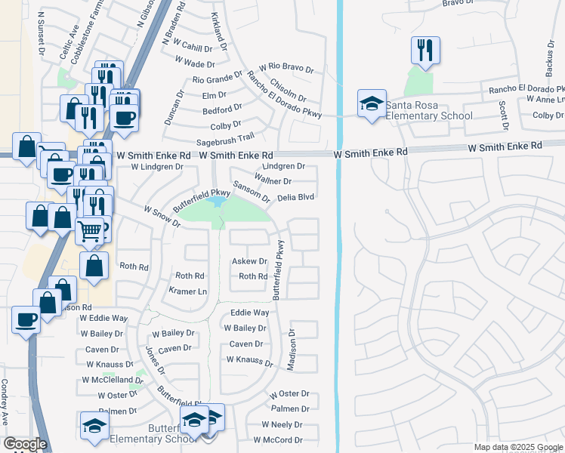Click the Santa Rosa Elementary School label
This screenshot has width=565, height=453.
[x=429, y=110]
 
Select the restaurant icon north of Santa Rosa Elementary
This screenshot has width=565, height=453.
[x=425, y=51]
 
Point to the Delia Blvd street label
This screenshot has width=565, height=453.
[x=295, y=197]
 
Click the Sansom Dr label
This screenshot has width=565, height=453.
[x=251, y=193]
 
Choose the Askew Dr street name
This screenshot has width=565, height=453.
[x=249, y=261]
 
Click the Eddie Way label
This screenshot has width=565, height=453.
[x=249, y=313]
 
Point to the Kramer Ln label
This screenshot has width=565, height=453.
[x=187, y=291]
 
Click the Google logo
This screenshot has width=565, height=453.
[x=25, y=445]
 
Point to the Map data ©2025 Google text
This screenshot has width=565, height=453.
[x=517, y=447]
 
